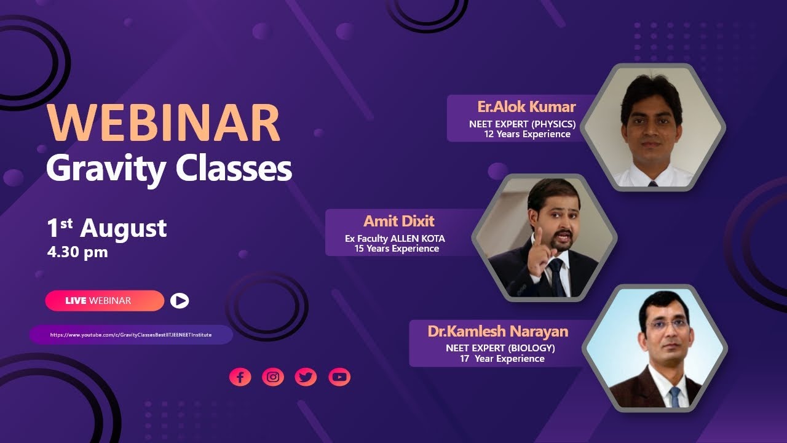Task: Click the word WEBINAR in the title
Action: click(164, 124)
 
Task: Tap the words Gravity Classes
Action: click(169, 168)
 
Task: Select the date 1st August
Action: click(106, 228)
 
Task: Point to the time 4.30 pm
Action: click(77, 252)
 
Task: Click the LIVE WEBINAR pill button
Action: click(104, 301)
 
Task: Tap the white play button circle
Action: click(180, 300)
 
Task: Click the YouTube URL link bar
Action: click(130, 335)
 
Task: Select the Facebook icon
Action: click(240, 377)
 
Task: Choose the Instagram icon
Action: click(273, 377)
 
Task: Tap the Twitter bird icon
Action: click(306, 377)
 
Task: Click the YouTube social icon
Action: click(339, 377)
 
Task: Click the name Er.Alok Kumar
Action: click(526, 107)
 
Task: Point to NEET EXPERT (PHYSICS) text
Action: click(522, 124)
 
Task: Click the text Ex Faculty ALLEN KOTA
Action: click(395, 239)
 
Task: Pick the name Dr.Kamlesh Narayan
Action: click(498, 332)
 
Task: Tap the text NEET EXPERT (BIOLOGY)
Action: click(500, 348)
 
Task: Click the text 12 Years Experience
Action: click(527, 134)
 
